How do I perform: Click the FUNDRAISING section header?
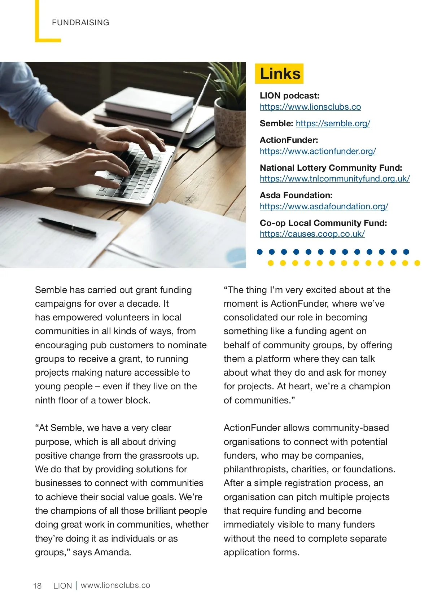[80, 23]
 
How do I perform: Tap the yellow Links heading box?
[279, 74]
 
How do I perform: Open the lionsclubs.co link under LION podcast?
[310, 107]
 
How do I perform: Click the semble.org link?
[333, 123]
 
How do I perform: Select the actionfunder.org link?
[318, 151]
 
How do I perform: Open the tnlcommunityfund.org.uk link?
[334, 179]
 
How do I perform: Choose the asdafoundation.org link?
[324, 206]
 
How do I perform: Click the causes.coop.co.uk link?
[312, 234]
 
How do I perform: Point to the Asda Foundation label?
[296, 195]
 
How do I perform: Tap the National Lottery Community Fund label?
[331, 168]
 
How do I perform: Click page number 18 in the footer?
[38, 586]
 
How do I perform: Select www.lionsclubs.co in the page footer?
[115, 585]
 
